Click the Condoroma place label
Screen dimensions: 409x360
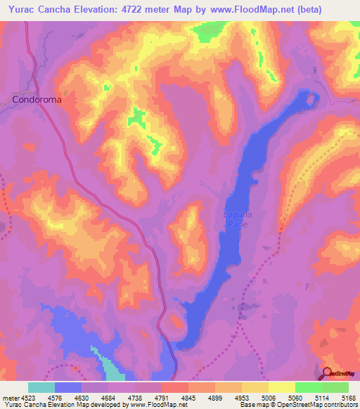coord(37,100)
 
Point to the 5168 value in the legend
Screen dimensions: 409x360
coord(348,397)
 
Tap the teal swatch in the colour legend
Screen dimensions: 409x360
coord(41,387)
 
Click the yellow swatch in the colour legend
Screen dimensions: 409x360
coord(281,387)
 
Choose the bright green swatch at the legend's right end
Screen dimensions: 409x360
coord(335,387)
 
